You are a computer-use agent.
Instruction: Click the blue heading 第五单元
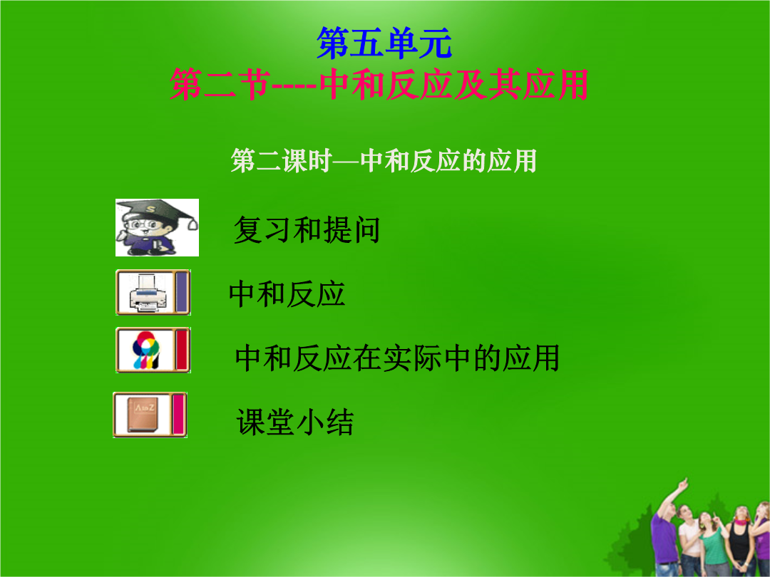tap(384, 43)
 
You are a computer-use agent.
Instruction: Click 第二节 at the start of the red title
tap(220, 84)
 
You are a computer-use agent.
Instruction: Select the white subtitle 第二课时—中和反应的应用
tap(384, 161)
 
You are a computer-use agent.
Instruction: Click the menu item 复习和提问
tap(307, 229)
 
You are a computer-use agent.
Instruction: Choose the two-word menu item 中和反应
tap(287, 294)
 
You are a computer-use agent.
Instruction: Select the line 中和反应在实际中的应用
tap(397, 358)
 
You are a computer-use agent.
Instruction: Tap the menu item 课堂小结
tap(294, 422)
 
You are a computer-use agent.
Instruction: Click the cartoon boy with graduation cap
tap(157, 228)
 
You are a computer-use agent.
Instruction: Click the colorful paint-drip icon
tap(146, 350)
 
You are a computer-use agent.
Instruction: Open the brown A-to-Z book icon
tap(143, 415)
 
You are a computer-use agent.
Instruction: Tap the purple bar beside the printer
tap(182, 293)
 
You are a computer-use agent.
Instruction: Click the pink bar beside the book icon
tap(178, 415)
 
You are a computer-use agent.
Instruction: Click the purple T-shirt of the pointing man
tap(664, 538)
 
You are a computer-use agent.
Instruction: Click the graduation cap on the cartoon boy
tap(157, 210)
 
